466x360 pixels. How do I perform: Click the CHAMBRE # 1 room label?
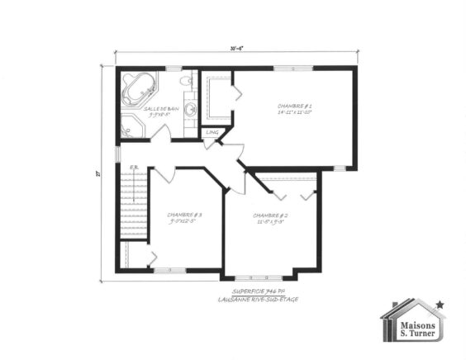point(293,107)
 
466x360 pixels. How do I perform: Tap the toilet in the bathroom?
point(187,81)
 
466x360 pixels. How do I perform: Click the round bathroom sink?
point(189,108)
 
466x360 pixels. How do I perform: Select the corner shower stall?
point(132,127)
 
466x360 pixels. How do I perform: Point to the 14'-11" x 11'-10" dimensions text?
point(294,114)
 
